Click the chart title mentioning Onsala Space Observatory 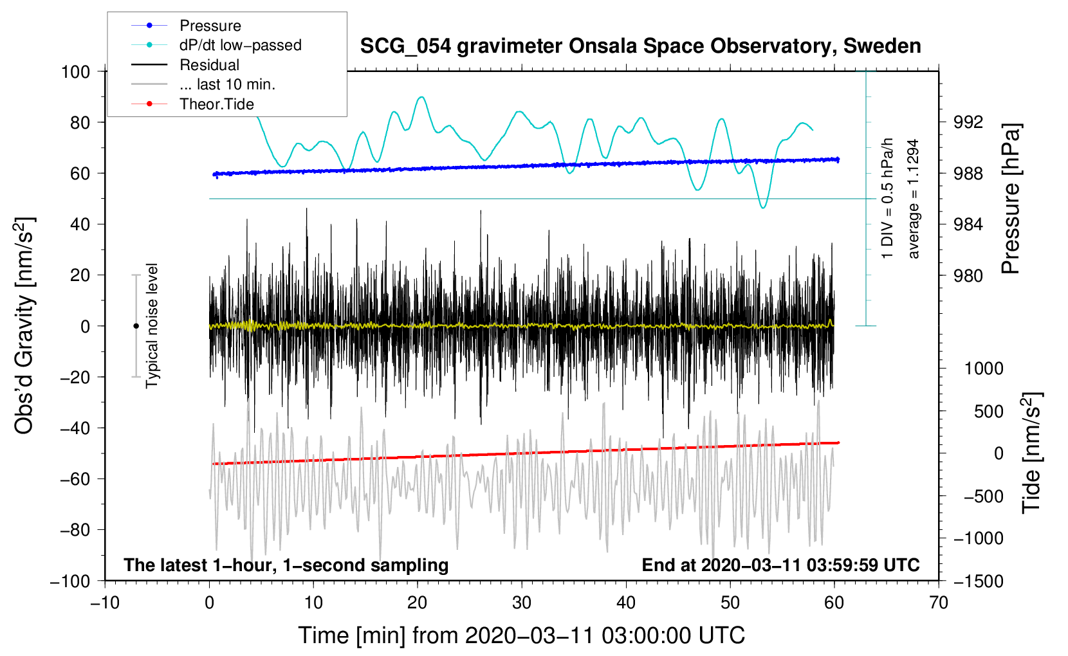[640, 46]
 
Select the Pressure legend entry [210, 26]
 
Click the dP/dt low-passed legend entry [240, 45]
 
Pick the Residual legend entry [209, 65]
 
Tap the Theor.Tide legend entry [216, 104]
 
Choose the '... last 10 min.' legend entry [227, 84]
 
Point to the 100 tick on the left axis [75, 71]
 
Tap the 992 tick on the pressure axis [968, 122]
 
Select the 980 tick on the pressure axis [968, 275]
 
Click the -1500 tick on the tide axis [979, 581]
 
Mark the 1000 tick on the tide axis [983, 369]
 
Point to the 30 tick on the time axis [522, 603]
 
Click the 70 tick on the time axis [939, 603]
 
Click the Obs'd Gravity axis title [24, 325]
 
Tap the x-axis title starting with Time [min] [521, 635]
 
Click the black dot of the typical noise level [136, 326]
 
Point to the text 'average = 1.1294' [913, 199]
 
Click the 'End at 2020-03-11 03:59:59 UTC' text [780, 565]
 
